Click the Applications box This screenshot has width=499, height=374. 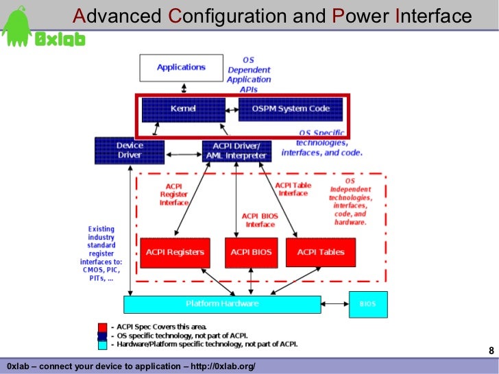click(182, 67)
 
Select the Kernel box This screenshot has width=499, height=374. click(183, 109)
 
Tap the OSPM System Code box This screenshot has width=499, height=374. click(290, 109)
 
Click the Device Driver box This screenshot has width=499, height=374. click(129, 150)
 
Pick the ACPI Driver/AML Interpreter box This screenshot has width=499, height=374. click(236, 151)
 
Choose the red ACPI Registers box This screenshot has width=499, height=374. click(175, 252)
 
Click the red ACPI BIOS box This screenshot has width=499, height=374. click(251, 252)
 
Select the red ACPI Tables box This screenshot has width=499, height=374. click(320, 252)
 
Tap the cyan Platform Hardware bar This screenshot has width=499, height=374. click(222, 303)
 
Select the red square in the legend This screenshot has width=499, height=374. click(102, 327)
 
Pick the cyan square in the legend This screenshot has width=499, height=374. click(102, 345)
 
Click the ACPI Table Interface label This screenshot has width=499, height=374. click(293, 189)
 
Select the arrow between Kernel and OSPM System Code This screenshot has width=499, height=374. click(232, 108)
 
